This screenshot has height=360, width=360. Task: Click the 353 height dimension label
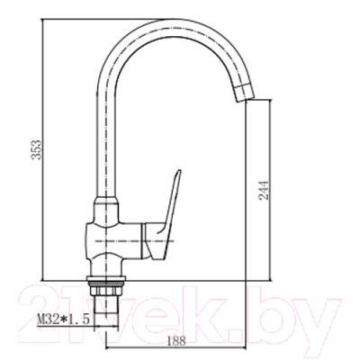coord(37,149)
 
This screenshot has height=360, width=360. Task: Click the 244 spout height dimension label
coord(263,190)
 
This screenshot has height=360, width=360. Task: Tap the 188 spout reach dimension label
coord(176,340)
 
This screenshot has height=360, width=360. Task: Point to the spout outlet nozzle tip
coord(244,93)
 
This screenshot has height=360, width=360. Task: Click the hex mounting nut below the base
coord(106,291)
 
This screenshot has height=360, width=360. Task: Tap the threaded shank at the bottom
coord(106,305)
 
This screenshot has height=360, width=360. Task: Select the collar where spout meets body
coord(105,201)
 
